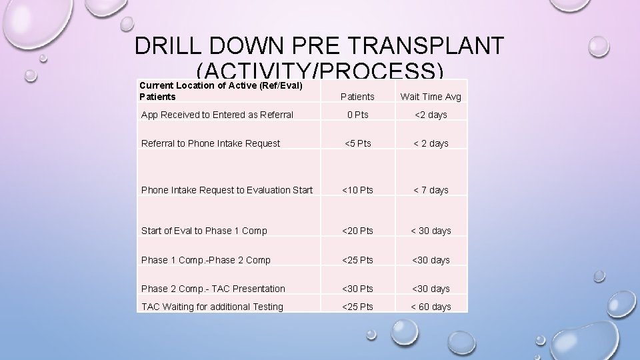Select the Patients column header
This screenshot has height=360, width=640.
357,97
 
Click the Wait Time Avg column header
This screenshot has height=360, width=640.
430,97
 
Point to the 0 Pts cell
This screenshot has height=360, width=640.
357,115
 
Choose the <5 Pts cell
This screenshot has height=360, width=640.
357,143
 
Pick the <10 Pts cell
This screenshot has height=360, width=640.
357,190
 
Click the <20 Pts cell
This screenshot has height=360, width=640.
357,231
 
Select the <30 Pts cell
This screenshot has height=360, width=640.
357,289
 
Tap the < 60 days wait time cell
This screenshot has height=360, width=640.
430,307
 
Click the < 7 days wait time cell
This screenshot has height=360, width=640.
430,190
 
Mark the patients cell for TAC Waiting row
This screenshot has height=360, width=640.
357,307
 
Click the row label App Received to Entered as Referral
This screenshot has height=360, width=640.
217,115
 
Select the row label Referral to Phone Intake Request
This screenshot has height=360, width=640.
211,143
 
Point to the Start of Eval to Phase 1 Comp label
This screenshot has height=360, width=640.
204,231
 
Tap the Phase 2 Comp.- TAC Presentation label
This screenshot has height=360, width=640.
213,289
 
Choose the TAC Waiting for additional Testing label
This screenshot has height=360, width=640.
212,307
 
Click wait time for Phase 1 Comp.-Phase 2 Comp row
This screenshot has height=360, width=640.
430,260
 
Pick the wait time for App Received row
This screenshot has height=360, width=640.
430,115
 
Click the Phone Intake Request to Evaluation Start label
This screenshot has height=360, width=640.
227,190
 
